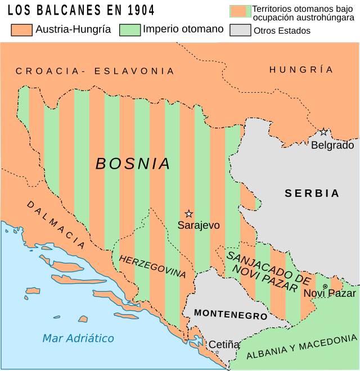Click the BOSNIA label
coord(133,164)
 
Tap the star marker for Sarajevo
coord(189,214)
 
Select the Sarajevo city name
coord(199,225)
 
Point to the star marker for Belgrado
coord(323,132)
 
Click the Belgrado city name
coord(332,145)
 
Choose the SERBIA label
coord(312,193)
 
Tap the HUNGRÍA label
coord(301,70)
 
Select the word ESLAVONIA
coord(134,71)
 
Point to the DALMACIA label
coord(56,224)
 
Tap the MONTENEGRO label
coord(223,314)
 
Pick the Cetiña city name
coord(224,344)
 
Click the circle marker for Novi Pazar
coord(325,286)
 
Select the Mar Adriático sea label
coord(78,338)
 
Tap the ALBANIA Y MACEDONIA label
coord(301,346)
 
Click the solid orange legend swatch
coord(21,30)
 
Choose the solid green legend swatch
coord(130,30)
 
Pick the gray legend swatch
coord(240,30)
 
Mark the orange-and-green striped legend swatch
coord(240,11)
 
